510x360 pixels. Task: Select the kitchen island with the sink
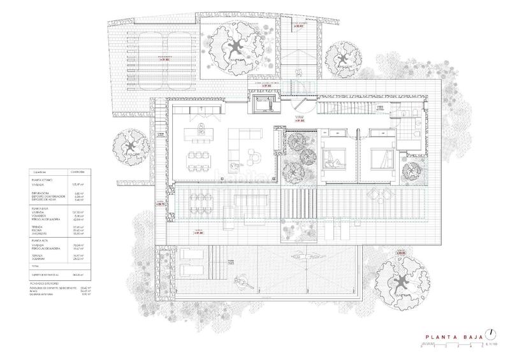(x=200, y=134)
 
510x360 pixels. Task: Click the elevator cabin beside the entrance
(x=263, y=103)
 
